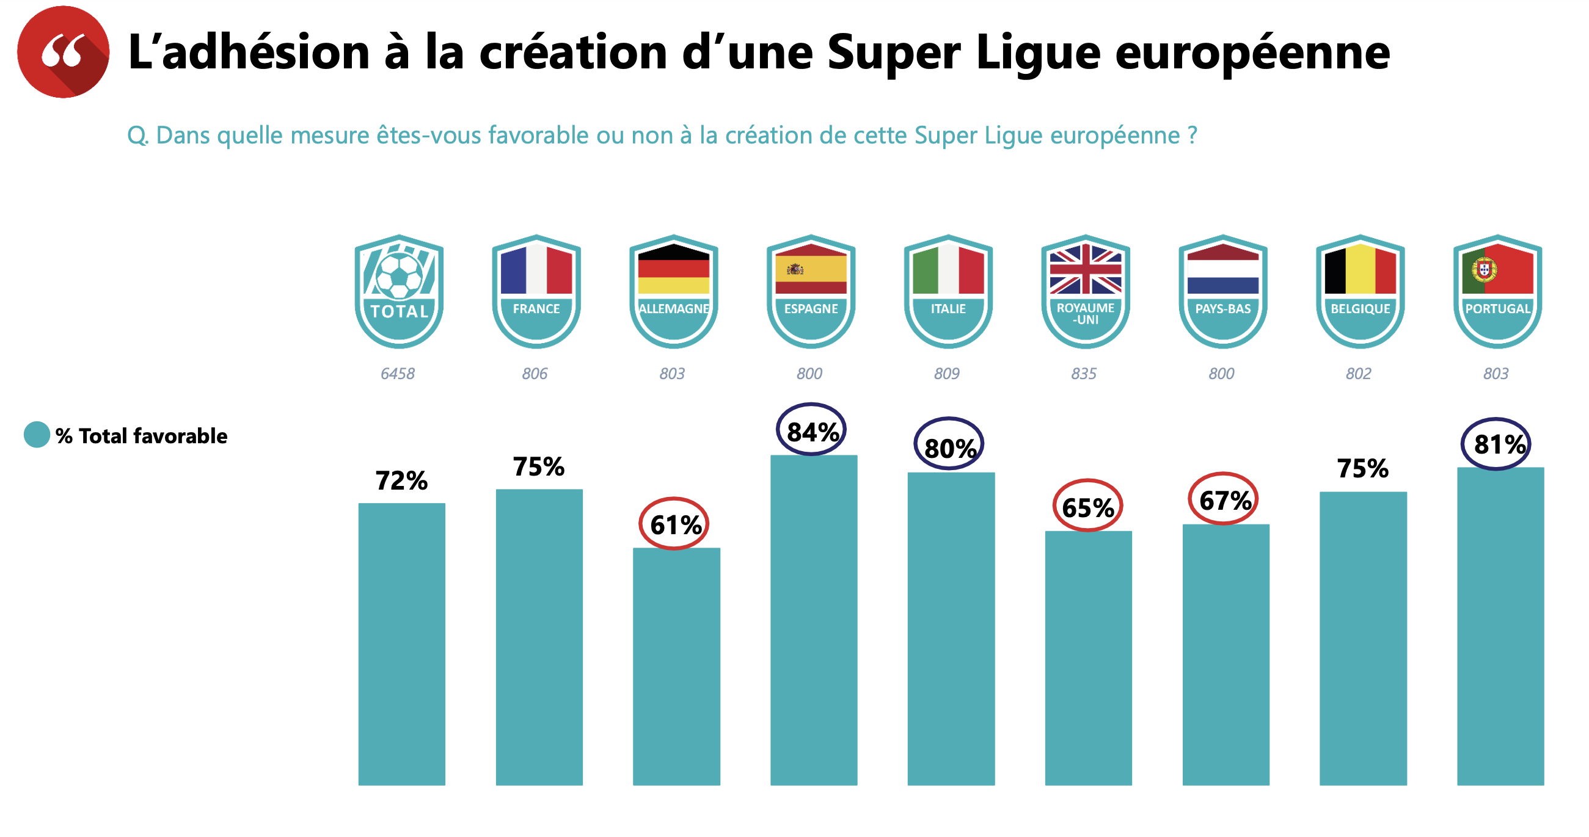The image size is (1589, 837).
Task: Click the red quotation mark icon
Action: pos(63,52)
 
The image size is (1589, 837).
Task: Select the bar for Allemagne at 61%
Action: pos(676,665)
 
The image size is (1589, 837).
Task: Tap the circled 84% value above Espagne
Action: pos(811,431)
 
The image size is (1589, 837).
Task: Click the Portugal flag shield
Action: pos(1497,291)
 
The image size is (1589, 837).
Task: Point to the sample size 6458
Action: pos(397,374)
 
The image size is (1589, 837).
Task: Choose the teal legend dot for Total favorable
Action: pos(37,435)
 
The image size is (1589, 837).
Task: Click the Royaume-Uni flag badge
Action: pos(1085,291)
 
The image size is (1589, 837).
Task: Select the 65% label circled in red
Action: pos(1087,507)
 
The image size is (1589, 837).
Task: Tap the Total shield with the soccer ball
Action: pos(399,291)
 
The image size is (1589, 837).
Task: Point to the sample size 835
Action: pos(1084,374)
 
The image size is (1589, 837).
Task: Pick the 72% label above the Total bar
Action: pos(401,480)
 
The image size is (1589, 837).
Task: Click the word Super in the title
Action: pos(893,53)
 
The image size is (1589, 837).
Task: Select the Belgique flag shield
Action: pos(1360,291)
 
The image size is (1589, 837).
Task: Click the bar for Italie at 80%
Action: pos(951,629)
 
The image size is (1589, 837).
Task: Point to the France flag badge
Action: pos(536,291)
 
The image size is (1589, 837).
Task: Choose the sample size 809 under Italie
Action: pos(946,374)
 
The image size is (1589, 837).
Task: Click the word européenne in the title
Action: pos(1252,53)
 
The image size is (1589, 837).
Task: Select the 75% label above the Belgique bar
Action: pos(1362,468)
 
